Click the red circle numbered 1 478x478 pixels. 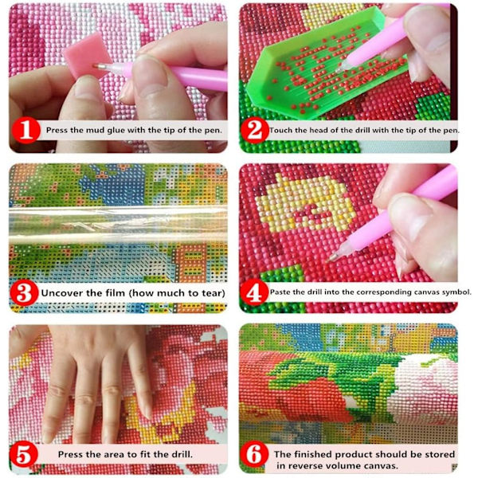click(26, 130)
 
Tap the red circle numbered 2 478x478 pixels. click(255, 130)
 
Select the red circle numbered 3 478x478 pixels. click(25, 293)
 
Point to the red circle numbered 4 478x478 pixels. click(255, 292)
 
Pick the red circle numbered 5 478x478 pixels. click(24, 456)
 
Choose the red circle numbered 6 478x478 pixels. click(254, 455)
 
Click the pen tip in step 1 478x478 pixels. click(95, 65)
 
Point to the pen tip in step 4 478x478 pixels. click(329, 261)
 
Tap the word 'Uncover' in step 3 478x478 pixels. click(62, 293)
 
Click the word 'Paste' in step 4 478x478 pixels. click(280, 292)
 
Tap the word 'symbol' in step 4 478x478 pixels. click(456, 292)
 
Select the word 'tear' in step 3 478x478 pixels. click(213, 293)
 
